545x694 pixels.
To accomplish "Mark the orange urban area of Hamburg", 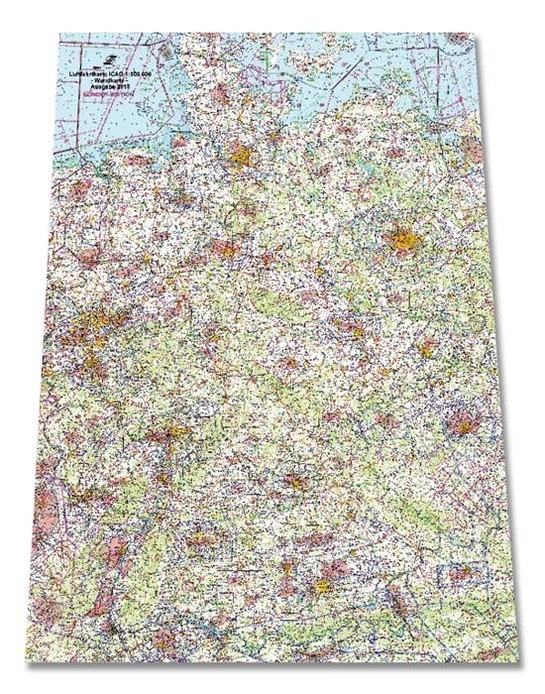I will pos(241,156).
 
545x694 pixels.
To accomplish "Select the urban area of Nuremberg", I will pos(294,483).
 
